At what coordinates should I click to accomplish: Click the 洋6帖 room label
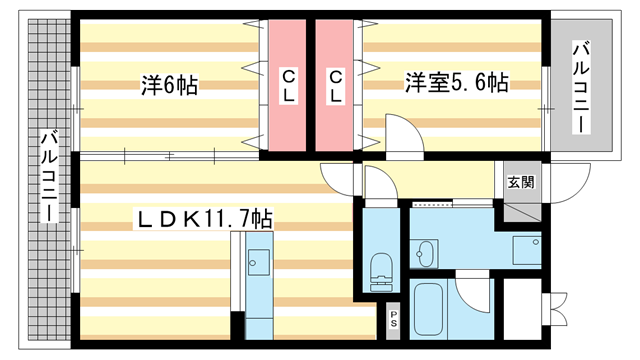pyautogui.click(x=169, y=85)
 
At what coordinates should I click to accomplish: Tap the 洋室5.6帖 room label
pyautogui.click(x=456, y=82)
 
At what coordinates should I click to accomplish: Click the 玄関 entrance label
pyautogui.click(x=520, y=182)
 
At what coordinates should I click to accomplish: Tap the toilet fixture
pyautogui.click(x=380, y=268)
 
